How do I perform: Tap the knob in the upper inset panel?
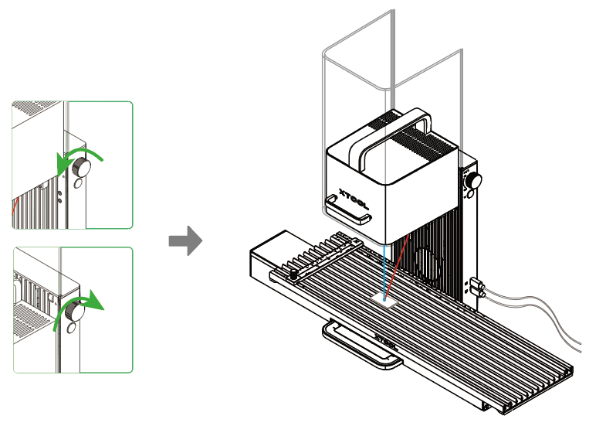coord(79,166)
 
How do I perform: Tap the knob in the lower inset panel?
coord(74,311)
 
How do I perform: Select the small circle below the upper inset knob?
coord(77,186)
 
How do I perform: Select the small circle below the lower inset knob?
coord(70,329)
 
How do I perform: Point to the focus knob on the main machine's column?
coord(472,181)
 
